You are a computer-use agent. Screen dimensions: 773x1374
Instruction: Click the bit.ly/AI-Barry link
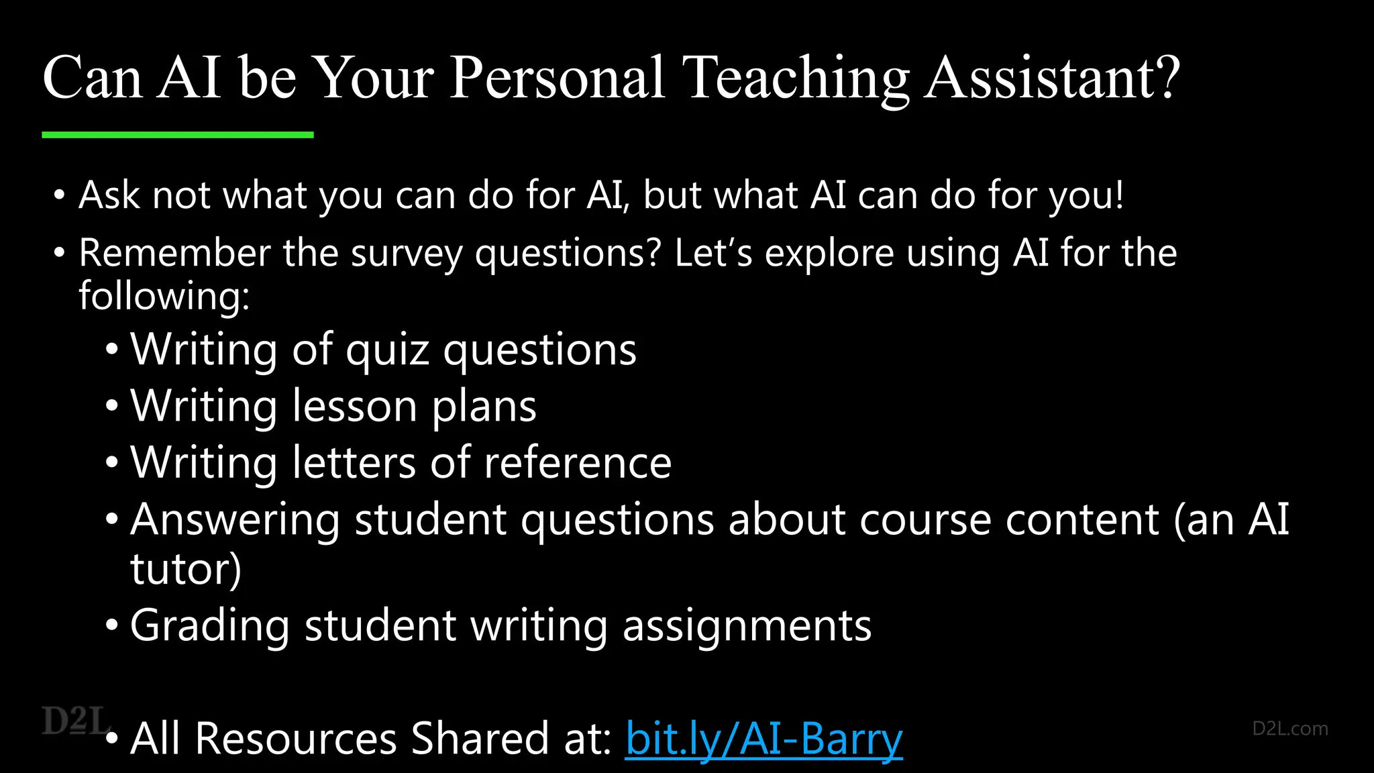click(763, 739)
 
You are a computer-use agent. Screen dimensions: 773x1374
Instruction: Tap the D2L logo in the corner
click(76, 721)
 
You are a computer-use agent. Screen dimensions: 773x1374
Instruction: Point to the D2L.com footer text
click(1289, 729)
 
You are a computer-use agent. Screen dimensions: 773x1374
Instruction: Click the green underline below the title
click(178, 135)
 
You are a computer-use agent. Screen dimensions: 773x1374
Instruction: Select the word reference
click(578, 463)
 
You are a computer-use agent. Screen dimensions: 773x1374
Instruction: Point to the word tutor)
click(186, 569)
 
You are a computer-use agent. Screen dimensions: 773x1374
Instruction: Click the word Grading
click(210, 627)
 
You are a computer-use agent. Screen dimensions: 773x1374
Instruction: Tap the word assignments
click(747, 627)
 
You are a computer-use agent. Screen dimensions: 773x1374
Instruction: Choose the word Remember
click(174, 253)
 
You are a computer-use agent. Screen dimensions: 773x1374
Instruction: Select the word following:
click(164, 296)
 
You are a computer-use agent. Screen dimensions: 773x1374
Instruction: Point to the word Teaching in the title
click(795, 79)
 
